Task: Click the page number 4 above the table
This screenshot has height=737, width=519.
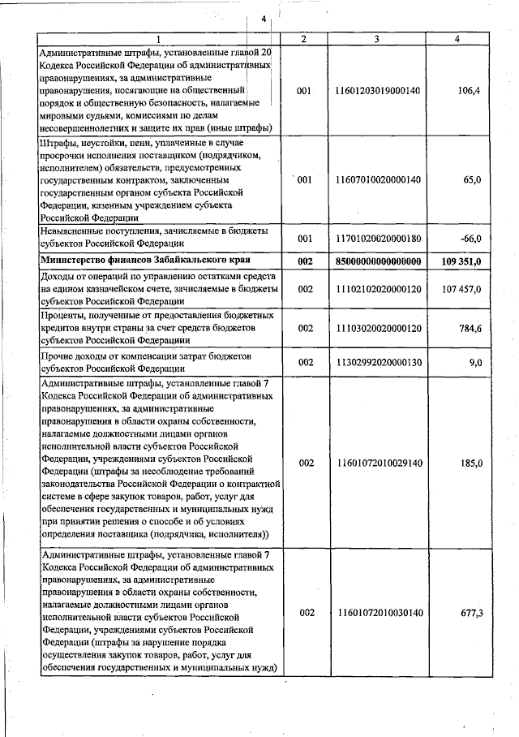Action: coord(264,19)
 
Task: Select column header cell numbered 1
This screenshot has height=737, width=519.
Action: coord(158,38)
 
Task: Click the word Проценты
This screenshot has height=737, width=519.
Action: coord(63,314)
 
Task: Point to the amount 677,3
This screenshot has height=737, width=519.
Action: coord(471,613)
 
